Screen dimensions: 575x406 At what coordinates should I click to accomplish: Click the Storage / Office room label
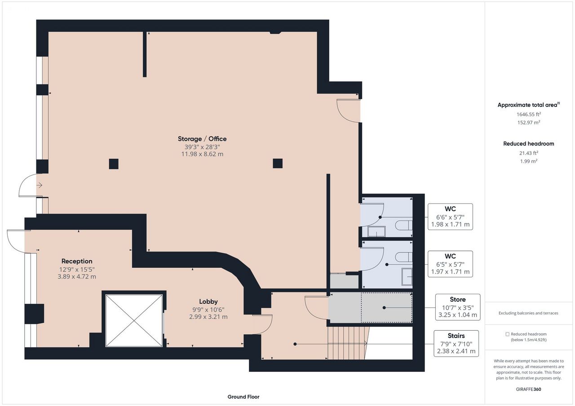(202, 139)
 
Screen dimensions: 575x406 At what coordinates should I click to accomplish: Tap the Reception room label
(77, 261)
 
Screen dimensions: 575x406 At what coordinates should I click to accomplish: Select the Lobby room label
(208, 301)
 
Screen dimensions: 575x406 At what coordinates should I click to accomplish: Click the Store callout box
(458, 307)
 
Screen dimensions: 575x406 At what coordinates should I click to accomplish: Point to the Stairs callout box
(456, 344)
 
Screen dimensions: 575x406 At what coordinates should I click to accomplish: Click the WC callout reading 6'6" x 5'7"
(450, 217)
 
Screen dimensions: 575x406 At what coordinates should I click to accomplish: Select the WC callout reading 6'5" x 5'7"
(450, 264)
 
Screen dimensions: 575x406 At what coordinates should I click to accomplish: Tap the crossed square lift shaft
(134, 321)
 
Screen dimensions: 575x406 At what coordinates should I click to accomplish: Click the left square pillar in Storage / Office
(114, 164)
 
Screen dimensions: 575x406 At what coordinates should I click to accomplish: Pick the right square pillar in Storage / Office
(278, 163)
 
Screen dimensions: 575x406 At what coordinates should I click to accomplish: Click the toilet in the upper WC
(404, 225)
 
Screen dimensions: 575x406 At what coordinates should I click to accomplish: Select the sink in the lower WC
(407, 276)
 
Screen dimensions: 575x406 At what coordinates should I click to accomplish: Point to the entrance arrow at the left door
(39, 185)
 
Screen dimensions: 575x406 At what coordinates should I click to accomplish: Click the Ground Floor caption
(243, 397)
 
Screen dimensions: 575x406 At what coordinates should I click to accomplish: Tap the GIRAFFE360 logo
(529, 389)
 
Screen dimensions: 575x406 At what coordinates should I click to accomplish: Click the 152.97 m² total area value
(529, 122)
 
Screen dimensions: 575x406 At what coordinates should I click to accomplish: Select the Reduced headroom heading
(529, 144)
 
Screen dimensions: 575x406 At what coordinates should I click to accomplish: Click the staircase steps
(348, 343)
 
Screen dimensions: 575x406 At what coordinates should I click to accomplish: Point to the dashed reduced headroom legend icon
(507, 334)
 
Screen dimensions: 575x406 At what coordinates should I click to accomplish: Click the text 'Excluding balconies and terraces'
(528, 313)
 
